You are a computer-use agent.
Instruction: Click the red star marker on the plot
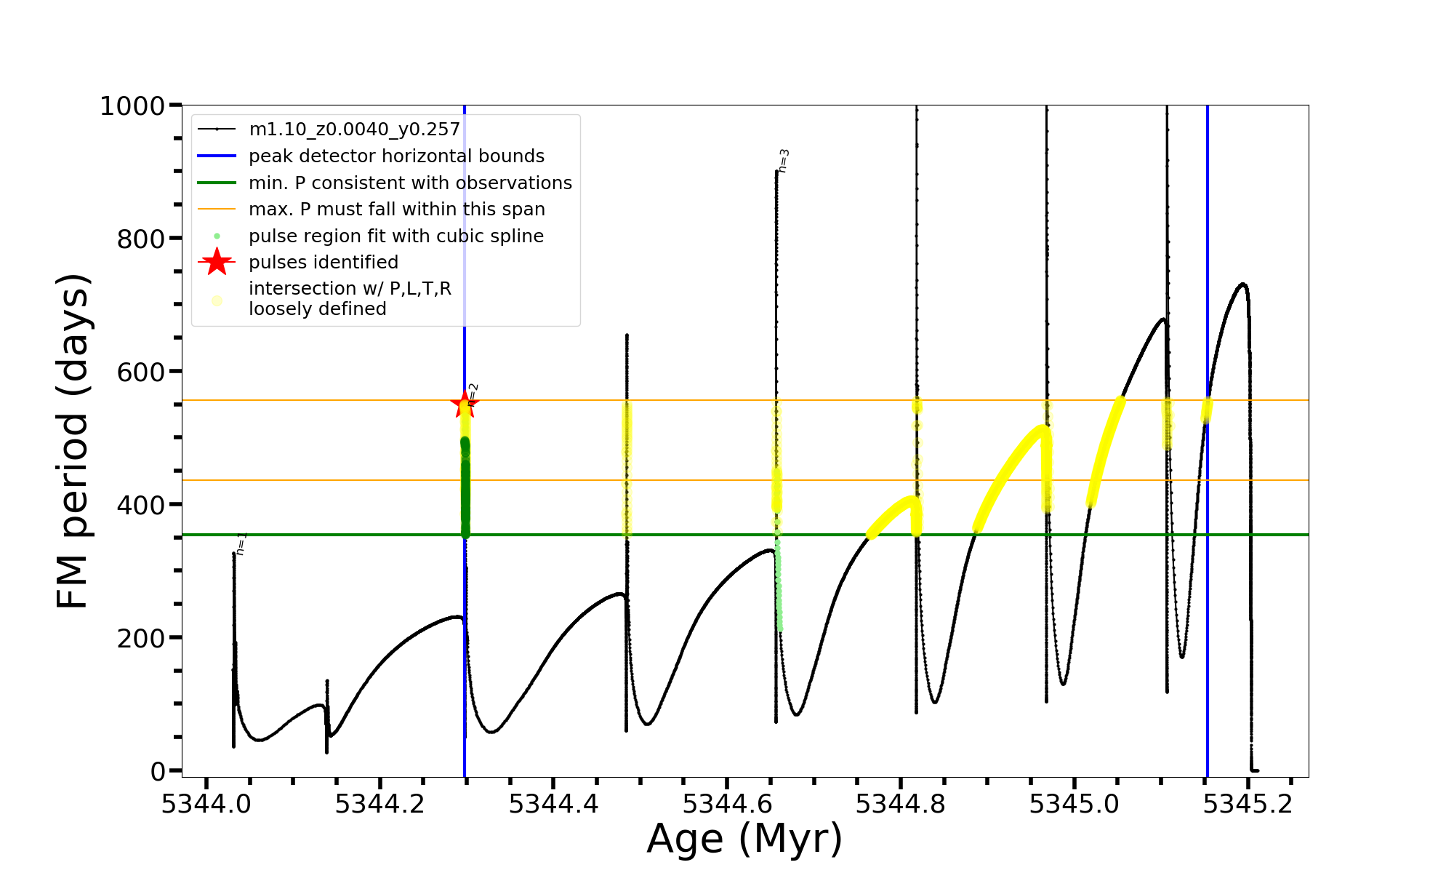tap(464, 404)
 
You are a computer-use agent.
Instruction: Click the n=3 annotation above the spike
tap(784, 161)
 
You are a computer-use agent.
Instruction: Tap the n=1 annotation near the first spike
tap(241, 543)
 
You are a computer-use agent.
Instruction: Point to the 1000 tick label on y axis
tap(132, 106)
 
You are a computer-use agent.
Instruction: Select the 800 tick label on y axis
tap(140, 239)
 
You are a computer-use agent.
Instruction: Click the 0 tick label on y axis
tap(158, 771)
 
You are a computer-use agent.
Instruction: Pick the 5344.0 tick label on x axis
tap(206, 804)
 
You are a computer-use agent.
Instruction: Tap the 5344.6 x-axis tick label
tap(727, 804)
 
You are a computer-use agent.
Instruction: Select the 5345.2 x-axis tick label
tap(1248, 804)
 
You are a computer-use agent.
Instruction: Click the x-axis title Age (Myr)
tap(744, 839)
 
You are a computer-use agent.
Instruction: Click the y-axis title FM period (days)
tap(73, 441)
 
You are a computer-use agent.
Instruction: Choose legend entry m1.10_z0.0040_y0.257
tap(354, 129)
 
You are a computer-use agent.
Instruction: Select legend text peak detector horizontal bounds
tap(396, 156)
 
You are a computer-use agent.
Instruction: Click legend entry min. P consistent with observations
tap(410, 183)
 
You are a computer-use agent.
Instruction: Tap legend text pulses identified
tap(324, 262)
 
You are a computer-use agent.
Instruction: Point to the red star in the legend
tap(217, 262)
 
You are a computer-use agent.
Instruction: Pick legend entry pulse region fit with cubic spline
tap(396, 236)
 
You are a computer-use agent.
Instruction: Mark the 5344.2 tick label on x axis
tap(379, 804)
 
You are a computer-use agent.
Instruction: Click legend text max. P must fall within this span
tap(396, 210)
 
